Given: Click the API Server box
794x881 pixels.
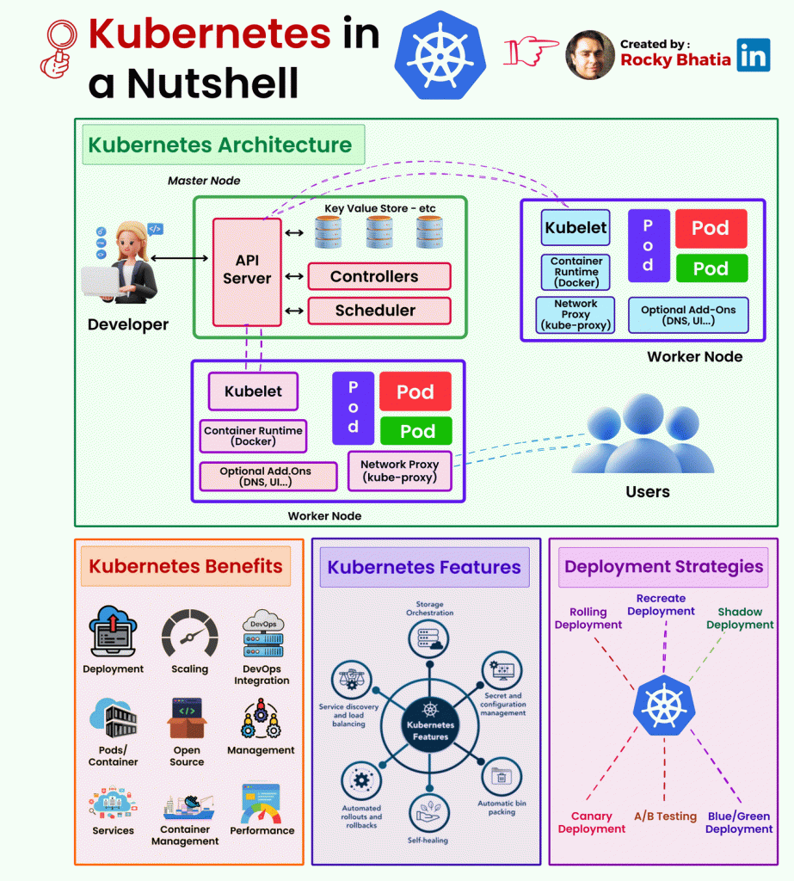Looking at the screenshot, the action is (247, 272).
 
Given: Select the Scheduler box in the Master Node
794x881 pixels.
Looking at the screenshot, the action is (379, 311).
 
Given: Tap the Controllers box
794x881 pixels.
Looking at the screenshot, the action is (379, 276).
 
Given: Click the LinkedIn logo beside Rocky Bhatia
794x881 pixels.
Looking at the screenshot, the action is (753, 55).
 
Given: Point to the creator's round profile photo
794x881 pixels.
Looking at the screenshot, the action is (590, 55).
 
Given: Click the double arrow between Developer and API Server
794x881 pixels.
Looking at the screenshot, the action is (179, 258).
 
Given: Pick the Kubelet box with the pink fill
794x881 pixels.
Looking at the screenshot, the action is (253, 391).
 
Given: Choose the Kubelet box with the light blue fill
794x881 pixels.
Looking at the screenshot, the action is (575, 227).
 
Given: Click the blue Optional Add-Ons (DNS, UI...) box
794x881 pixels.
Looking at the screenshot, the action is (688, 315).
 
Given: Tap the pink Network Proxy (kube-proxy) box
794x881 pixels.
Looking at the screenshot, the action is (399, 471).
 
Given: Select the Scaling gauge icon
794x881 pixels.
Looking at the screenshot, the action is (190, 633).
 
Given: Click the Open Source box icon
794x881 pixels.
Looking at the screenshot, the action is (188, 718).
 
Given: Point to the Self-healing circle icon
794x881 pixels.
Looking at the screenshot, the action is (428, 813).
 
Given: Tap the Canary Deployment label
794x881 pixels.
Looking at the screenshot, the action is (592, 822).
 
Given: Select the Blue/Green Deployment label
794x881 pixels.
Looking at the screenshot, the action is (739, 822).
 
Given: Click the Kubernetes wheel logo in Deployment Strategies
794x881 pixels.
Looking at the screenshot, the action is (664, 705).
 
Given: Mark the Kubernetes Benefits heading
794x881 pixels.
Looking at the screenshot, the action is (186, 566).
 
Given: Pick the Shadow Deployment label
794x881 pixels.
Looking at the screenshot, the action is (740, 618).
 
